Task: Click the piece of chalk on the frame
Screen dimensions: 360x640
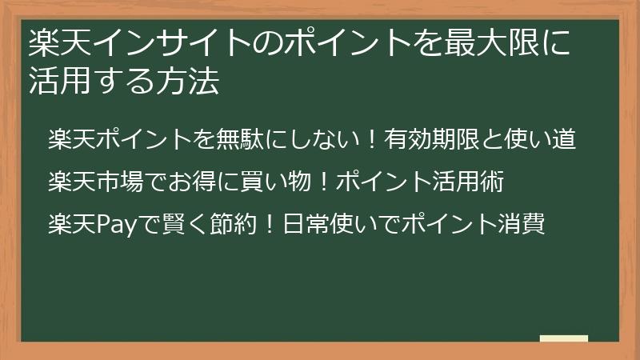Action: click(563, 339)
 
